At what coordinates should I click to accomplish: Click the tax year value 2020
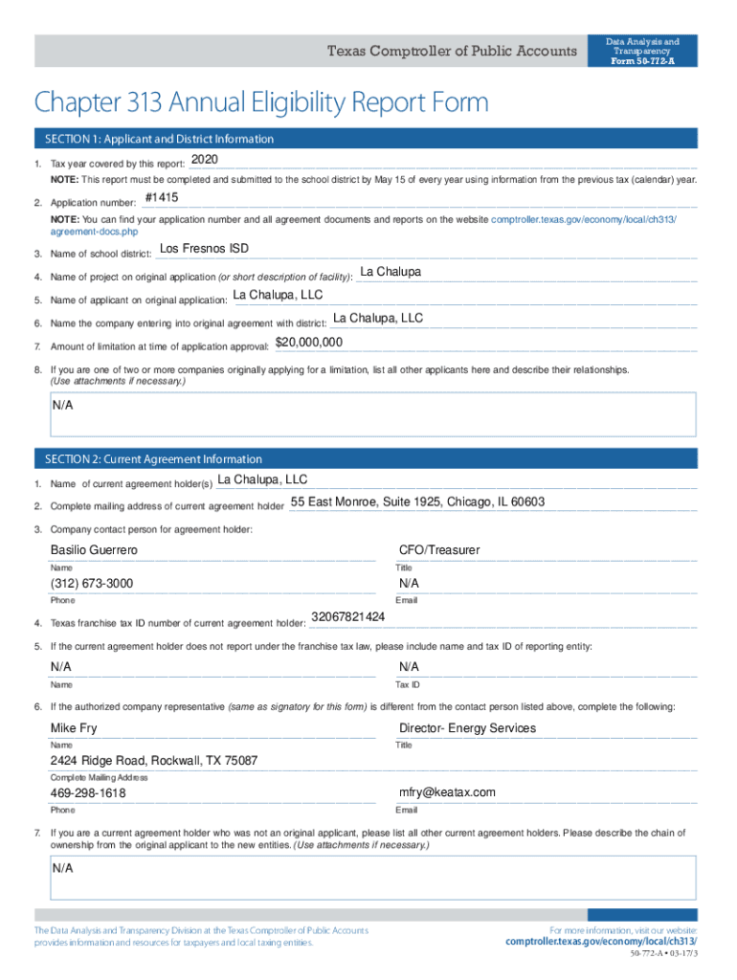tap(206, 159)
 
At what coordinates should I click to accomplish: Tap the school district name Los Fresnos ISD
tap(204, 249)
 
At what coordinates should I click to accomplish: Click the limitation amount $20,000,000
tap(309, 343)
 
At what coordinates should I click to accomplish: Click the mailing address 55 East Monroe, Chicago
tap(417, 502)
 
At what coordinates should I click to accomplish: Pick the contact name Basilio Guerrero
tap(94, 550)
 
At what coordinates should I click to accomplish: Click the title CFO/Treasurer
tap(439, 550)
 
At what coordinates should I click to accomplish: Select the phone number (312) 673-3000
tap(92, 584)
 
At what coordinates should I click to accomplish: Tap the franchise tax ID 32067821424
tap(348, 616)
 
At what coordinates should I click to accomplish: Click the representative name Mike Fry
tap(74, 728)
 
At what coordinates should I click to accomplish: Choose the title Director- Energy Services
tap(467, 728)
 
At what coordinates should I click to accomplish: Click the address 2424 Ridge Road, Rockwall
tap(154, 761)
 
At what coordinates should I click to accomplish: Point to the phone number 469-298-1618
tap(88, 793)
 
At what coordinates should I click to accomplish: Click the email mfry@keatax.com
tap(447, 792)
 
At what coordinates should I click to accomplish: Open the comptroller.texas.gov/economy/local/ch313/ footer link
tap(601, 942)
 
